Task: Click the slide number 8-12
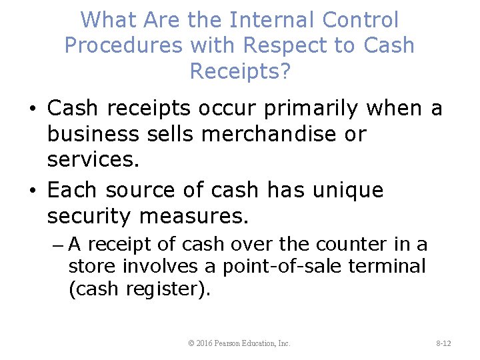tap(443, 343)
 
